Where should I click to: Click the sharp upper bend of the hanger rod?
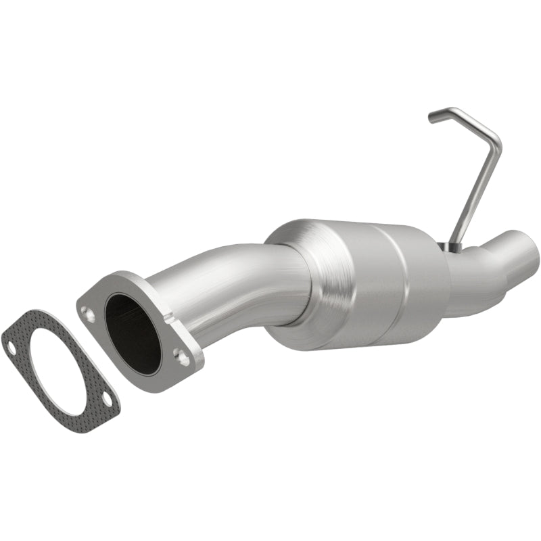(x=496, y=139)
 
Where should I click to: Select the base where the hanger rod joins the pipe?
(x=448, y=248)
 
